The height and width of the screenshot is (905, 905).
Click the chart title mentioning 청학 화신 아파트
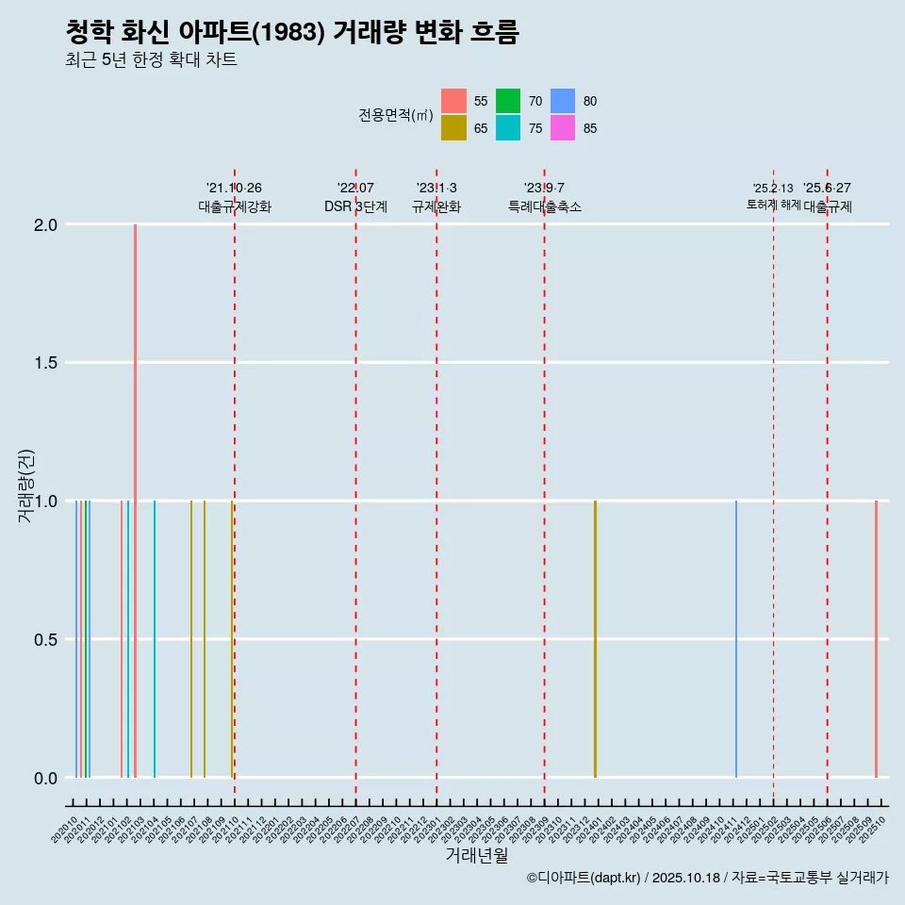tap(292, 32)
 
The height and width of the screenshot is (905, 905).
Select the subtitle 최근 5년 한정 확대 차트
tap(151, 60)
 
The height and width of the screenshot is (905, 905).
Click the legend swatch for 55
tap(453, 101)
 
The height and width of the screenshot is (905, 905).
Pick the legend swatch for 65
tap(453, 128)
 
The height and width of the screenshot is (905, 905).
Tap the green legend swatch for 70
tap(508, 101)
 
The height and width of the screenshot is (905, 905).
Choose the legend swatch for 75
tap(508, 128)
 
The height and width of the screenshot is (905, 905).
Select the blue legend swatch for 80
tap(563, 101)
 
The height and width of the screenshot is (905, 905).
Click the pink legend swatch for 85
tap(563, 128)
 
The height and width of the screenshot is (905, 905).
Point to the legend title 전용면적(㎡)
tap(396, 115)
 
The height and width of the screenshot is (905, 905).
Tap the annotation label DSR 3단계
tap(355, 207)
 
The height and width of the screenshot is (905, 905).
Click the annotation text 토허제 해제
tap(773, 205)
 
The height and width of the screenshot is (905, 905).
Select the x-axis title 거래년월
tap(476, 856)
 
